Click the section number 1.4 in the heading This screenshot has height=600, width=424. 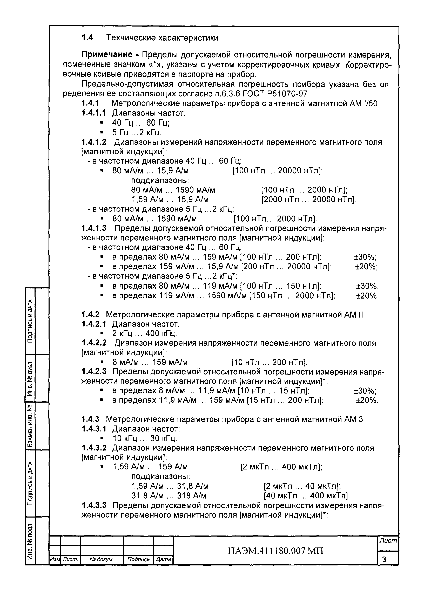pyautogui.click(x=87, y=38)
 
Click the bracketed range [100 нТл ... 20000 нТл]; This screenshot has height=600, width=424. pyautogui.click(x=278, y=171)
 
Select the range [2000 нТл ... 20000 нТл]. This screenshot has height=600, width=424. pyautogui.click(x=309, y=200)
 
